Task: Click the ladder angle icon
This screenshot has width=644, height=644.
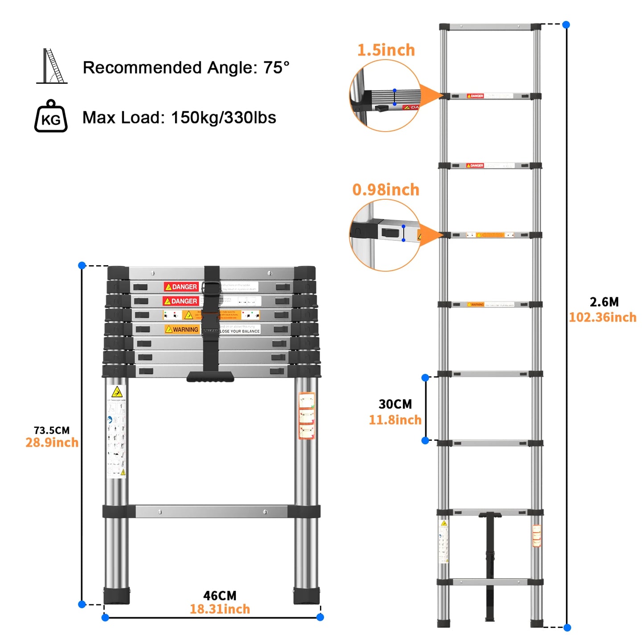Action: point(52,66)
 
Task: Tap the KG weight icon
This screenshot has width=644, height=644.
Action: point(51,117)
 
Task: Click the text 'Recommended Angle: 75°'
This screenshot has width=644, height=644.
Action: point(186,68)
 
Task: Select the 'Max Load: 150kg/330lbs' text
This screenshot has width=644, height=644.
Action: point(179,118)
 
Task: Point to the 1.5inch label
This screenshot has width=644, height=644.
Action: point(386,50)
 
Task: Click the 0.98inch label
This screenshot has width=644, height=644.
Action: point(386,190)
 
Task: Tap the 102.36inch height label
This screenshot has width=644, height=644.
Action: point(603,317)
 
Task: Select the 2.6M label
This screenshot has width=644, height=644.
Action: point(604,302)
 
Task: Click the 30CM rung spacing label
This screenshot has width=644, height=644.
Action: point(395,404)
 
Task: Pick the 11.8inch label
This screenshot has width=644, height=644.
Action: point(395,420)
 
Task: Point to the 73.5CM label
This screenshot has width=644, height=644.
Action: point(52,431)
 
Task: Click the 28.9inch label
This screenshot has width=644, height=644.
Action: point(52,443)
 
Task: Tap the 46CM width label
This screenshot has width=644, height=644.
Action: point(220,596)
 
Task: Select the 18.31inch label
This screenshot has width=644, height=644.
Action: point(220,609)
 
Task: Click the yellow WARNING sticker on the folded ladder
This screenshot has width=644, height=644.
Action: point(182,329)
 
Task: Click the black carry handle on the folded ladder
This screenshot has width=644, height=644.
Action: point(210,377)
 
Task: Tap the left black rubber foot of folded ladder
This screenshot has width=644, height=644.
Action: point(117,595)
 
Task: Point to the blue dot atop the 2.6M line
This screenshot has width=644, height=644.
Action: point(566,25)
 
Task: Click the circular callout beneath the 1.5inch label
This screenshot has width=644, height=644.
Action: point(385,96)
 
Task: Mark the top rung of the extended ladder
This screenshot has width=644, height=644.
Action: point(490,27)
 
